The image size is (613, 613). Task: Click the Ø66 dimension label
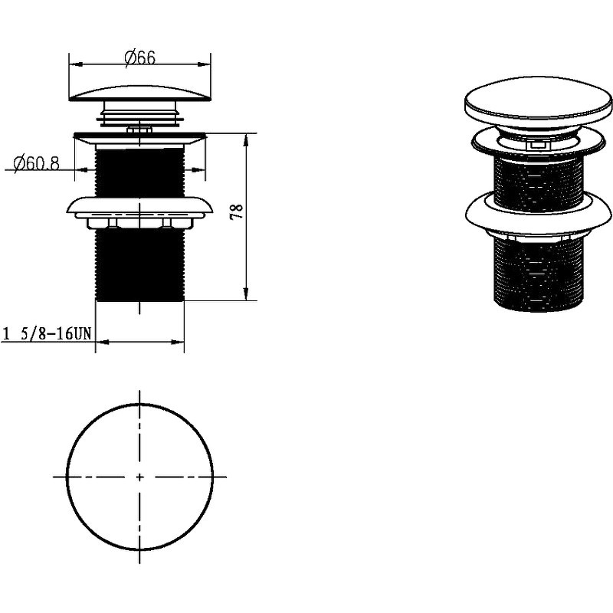point(140,58)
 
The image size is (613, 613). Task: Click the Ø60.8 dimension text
point(36,163)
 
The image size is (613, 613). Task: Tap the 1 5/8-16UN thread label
point(47,334)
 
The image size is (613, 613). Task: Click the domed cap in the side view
point(140,93)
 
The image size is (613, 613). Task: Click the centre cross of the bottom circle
point(139,477)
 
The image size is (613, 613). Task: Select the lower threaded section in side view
point(140,265)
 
